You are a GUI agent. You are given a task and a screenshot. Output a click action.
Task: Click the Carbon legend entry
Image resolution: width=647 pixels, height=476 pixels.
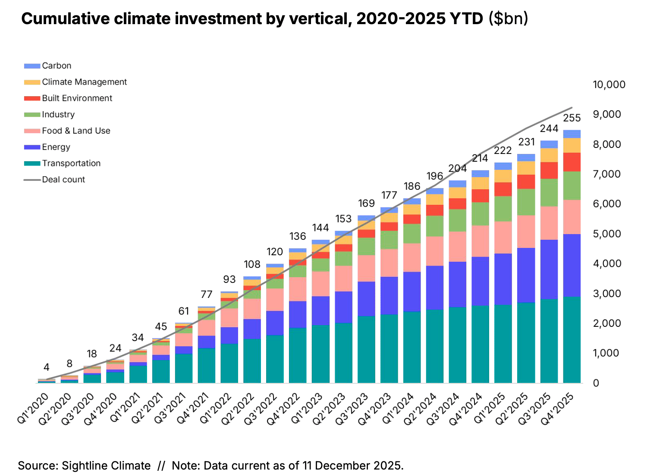coord(57,66)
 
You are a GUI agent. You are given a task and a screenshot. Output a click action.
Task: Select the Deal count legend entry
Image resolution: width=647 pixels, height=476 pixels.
coord(63,180)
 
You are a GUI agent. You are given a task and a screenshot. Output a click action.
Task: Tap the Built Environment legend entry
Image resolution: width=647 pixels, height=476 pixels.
coord(77,98)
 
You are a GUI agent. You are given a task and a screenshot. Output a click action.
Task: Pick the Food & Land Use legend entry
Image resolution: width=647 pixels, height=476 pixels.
coord(76,131)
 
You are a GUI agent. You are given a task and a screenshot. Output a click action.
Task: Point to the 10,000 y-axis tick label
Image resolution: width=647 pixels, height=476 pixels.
coord(609,85)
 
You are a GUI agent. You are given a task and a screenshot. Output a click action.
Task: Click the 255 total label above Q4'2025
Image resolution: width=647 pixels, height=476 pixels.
coord(572,118)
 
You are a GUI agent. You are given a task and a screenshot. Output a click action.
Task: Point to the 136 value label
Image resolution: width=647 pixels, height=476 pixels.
coord(298,236)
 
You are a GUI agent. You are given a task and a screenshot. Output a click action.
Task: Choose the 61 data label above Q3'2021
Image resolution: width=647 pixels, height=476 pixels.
coord(184,311)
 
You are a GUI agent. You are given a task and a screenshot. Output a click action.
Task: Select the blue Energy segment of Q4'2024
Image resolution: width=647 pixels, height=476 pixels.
coord(480,281)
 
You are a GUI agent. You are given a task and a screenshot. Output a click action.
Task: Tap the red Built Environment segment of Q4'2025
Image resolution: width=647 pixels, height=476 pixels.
coord(572,162)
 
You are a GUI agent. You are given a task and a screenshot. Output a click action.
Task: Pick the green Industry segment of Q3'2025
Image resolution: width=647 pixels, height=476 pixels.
coord(549,193)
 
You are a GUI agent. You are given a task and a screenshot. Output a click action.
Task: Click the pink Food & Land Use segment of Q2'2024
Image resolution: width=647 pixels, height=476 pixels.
coord(435,251)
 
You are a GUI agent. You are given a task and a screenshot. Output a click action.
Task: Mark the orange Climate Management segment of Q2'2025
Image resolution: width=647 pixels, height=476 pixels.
coord(526,168)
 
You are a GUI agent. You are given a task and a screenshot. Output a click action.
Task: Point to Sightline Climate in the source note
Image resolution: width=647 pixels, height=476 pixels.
coord(106,466)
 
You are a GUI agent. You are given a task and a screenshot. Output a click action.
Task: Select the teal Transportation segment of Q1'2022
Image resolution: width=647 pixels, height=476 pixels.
coord(229,363)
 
